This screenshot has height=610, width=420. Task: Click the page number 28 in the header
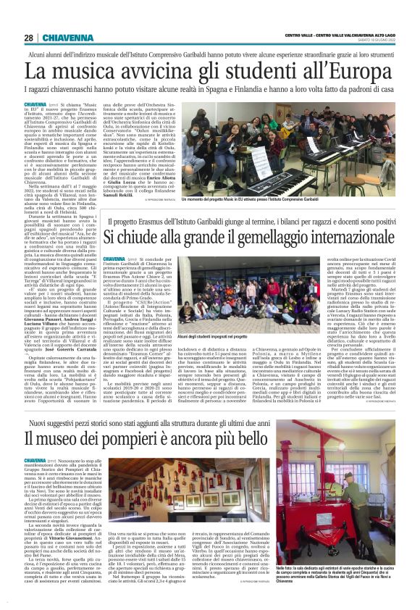pos(28,38)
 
